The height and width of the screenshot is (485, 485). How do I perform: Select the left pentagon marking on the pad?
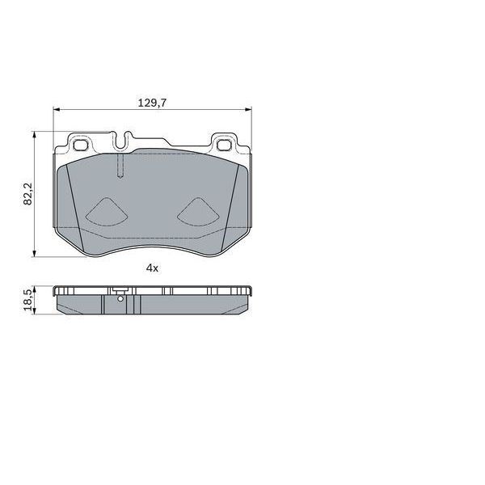tap(106, 212)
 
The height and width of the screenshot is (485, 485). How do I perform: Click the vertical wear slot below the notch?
tap(120, 167)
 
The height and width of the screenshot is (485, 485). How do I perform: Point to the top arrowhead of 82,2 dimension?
tap(34, 135)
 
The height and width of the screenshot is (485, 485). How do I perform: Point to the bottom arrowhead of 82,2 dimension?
tap(34, 253)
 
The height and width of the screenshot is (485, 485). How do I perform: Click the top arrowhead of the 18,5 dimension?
tap(34, 289)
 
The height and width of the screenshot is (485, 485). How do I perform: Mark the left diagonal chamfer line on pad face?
tap(71, 194)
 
